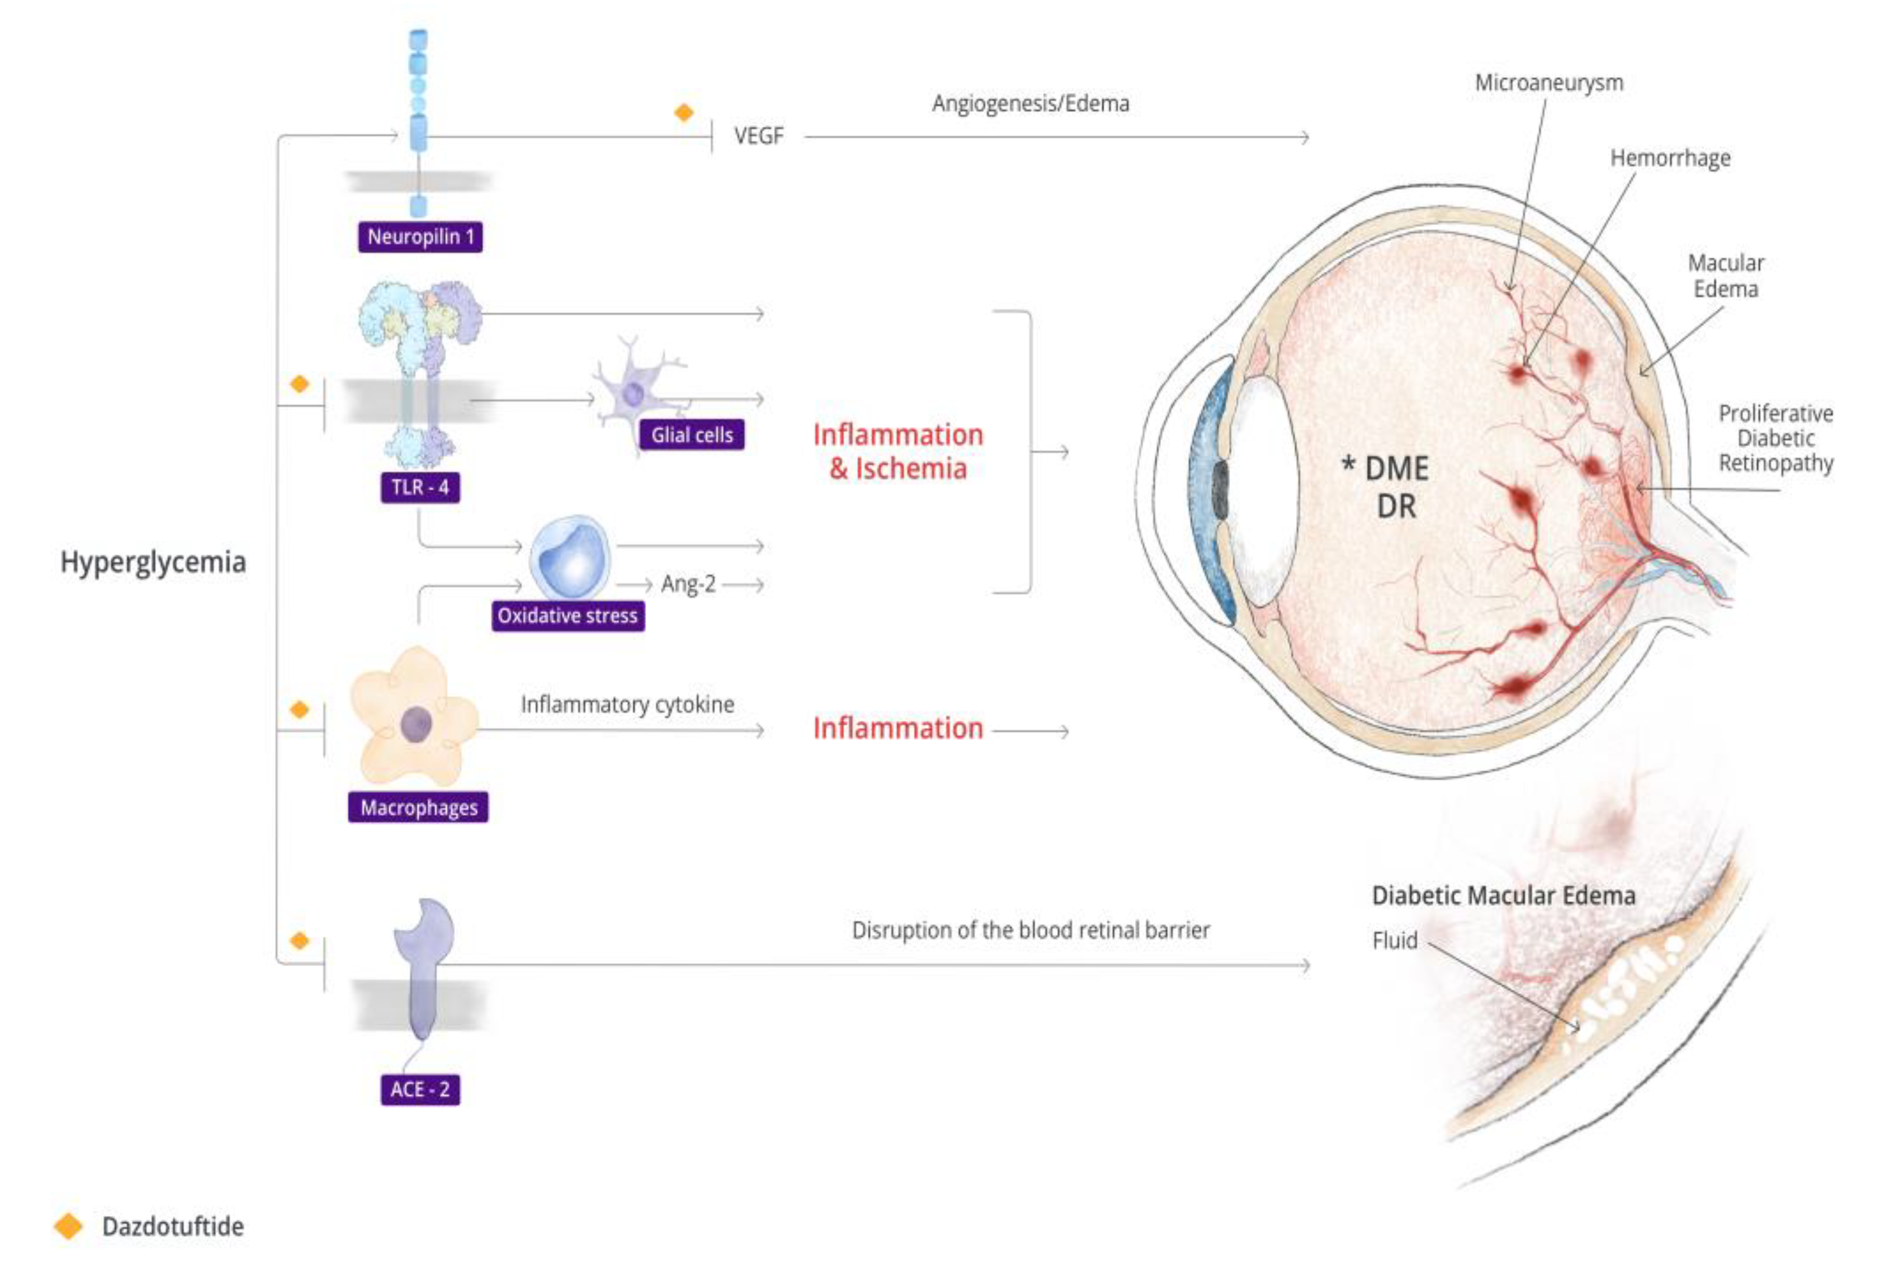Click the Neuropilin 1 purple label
(x=420, y=237)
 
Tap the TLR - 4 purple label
(x=420, y=487)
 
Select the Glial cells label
(x=691, y=435)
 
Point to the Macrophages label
(x=418, y=808)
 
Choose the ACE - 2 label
(x=420, y=1089)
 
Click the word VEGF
(x=759, y=136)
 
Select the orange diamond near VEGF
(x=684, y=112)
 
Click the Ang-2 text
(x=688, y=584)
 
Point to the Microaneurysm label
(x=1548, y=82)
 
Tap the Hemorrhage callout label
(x=1670, y=158)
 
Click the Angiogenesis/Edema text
(x=1030, y=104)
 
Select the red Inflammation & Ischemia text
(x=898, y=451)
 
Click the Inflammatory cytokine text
(x=627, y=705)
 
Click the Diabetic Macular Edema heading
(x=1503, y=896)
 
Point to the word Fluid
(x=1394, y=940)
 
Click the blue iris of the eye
(x=1207, y=486)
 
